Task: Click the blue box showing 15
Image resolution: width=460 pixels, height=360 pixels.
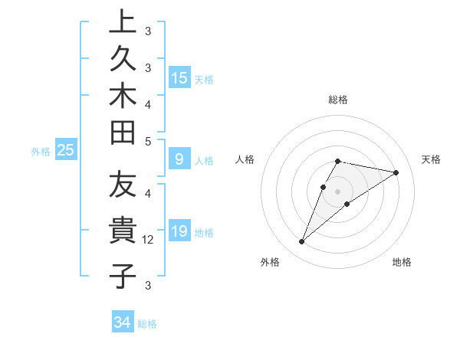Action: click(179, 77)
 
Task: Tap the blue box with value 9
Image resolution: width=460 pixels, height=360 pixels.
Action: click(179, 159)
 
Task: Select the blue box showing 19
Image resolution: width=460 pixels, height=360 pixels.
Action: click(179, 231)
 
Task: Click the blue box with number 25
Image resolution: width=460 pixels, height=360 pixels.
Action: click(65, 151)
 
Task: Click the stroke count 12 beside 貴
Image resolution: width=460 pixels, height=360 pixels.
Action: click(149, 240)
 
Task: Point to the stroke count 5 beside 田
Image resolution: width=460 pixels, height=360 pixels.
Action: click(148, 141)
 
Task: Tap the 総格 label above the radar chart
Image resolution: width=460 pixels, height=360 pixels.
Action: click(338, 100)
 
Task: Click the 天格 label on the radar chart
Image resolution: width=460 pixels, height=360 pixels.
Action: click(431, 159)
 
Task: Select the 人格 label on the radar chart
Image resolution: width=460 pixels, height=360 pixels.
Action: click(245, 159)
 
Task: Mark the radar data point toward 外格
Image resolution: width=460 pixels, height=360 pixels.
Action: click(302, 242)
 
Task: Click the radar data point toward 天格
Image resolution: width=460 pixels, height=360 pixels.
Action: click(396, 172)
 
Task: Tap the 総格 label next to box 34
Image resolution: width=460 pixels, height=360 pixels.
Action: click(147, 324)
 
